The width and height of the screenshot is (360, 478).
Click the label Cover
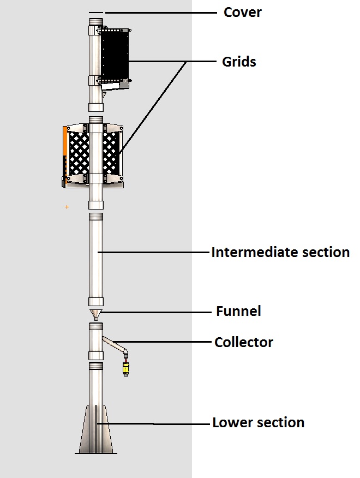pos(242,12)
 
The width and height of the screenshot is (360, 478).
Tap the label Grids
pos(239,62)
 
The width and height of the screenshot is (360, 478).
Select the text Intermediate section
pos(280,252)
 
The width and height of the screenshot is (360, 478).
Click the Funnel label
pos(238,312)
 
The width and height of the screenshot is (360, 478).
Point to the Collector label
pos(243,342)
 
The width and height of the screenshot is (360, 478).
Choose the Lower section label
pos(258,422)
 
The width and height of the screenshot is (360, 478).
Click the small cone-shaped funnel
pos(96,315)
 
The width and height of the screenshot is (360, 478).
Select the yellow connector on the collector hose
pos(126,369)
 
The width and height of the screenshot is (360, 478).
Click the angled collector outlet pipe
pos(115,345)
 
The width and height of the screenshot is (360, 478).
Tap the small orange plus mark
pos(67,207)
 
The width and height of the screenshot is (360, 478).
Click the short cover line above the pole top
pos(95,13)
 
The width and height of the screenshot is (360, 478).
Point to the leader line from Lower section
pos(180,423)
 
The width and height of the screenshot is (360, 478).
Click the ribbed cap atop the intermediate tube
pos(96,217)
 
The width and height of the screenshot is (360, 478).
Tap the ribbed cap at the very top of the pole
pos(96,22)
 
